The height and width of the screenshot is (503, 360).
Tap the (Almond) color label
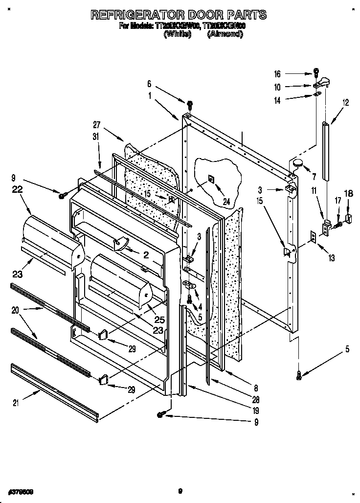point(225,34)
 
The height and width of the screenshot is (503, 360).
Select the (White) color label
point(178,34)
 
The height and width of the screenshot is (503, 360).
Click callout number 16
point(277,74)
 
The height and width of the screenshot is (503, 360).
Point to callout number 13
point(332,257)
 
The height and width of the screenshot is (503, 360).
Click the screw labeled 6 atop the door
point(189,103)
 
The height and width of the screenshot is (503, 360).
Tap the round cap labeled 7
point(298,163)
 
